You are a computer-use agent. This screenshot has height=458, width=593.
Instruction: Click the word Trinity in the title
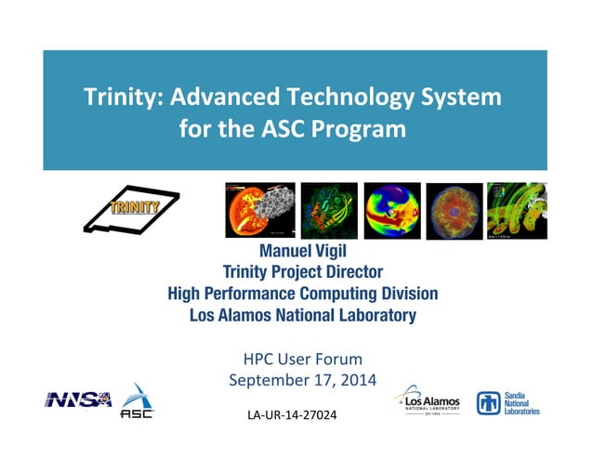(114, 97)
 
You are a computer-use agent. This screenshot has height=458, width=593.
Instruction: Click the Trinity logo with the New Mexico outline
(129, 210)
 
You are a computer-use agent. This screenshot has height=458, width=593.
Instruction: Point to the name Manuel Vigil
(302, 252)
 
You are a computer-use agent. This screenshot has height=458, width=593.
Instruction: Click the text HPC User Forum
(302, 359)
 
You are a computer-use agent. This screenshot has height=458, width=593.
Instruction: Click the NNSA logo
(79, 399)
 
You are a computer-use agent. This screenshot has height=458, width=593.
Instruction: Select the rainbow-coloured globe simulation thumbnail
(391, 210)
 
